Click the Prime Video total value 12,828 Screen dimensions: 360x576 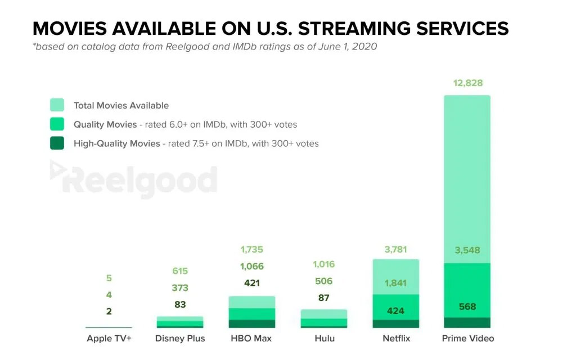click(x=467, y=83)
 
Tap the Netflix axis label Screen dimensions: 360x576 click(x=396, y=338)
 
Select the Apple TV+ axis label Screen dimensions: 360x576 click(x=109, y=338)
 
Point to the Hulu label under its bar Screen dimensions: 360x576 click(x=324, y=338)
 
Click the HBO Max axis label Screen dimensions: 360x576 click(x=251, y=338)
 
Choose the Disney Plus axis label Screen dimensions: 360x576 click(x=180, y=338)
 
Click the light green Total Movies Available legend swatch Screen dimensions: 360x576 click(x=57, y=105)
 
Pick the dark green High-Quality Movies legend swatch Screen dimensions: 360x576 click(x=57, y=143)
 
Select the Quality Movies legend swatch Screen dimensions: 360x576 click(x=57, y=124)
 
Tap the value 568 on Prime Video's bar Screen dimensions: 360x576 click(x=467, y=307)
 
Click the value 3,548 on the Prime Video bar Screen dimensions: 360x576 click(x=467, y=250)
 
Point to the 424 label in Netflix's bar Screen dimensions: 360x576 click(x=396, y=310)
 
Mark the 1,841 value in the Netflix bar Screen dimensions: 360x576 click(x=396, y=283)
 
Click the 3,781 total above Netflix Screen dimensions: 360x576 click(x=396, y=249)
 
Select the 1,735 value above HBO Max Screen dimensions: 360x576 click(x=251, y=249)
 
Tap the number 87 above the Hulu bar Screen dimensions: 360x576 click(x=323, y=298)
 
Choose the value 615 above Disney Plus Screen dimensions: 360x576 click(x=180, y=271)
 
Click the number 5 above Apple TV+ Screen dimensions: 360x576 click(x=109, y=277)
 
